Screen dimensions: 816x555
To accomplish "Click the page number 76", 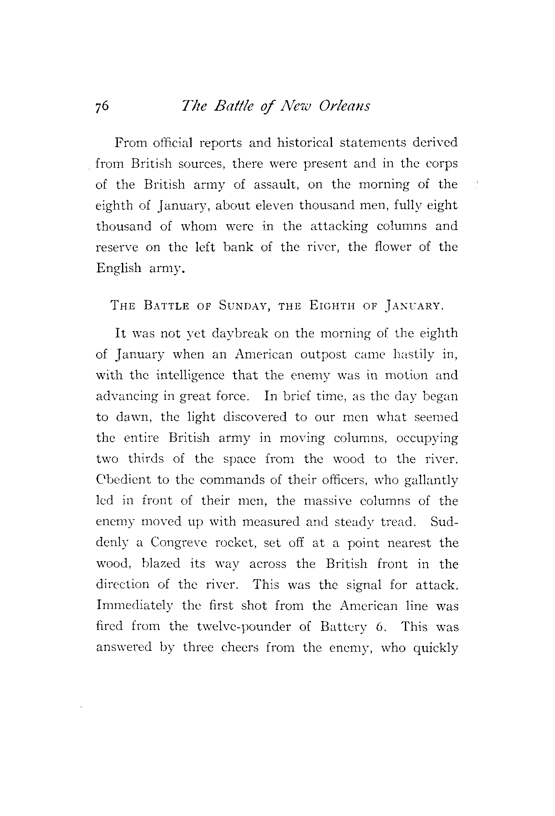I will (x=102, y=106).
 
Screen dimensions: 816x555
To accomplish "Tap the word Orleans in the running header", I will (x=344, y=106).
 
